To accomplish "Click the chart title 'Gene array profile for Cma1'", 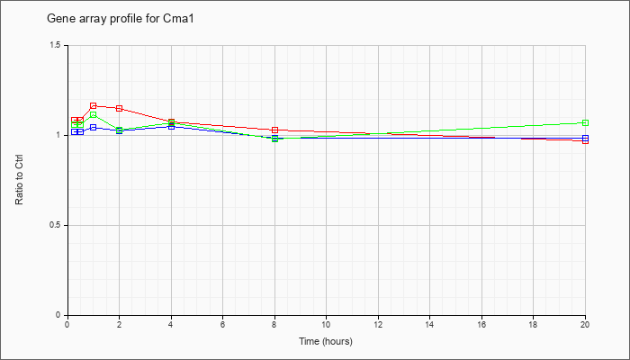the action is click(x=121, y=19).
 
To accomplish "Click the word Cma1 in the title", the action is click(x=182, y=19).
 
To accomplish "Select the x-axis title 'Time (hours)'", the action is click(x=326, y=341).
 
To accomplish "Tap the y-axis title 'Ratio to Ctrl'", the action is click(x=19, y=180).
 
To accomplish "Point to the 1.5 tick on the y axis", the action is click(x=56, y=45).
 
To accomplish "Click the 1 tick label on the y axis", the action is click(x=58, y=135).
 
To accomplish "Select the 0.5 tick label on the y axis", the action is click(x=56, y=225).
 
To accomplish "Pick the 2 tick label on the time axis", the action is click(x=120, y=324).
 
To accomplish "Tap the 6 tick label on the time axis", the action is click(x=222, y=324).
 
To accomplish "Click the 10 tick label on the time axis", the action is click(x=326, y=324).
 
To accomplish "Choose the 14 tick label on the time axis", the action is click(x=429, y=324).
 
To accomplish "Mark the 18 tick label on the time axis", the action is click(x=533, y=324).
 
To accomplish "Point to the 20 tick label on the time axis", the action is click(x=585, y=324).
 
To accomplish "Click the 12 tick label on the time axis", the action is click(x=378, y=324).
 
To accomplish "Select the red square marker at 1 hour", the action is click(x=94, y=106).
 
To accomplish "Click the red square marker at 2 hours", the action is click(x=120, y=109).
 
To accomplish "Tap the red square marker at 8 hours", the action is click(x=274, y=130).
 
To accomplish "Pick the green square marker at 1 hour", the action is click(x=94, y=115).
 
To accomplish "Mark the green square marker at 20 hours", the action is click(x=585, y=123).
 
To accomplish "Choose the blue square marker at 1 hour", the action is click(x=94, y=128).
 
